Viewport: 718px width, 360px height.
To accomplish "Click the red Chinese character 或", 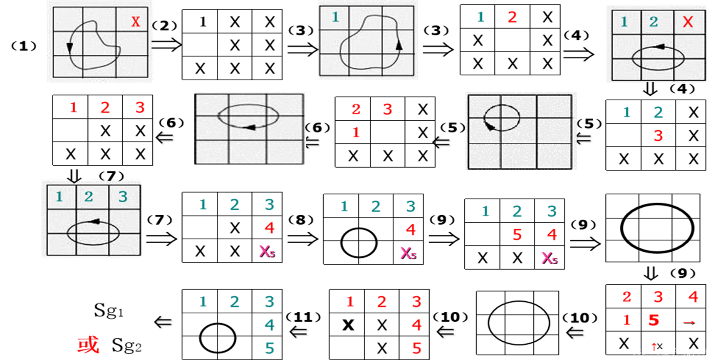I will [88, 345].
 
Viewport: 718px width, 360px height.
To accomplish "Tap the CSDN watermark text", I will [671, 352].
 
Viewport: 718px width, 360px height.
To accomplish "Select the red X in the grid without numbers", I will [136, 22].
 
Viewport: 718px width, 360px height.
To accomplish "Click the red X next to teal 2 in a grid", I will [688, 22].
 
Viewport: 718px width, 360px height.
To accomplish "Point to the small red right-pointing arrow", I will [688, 323].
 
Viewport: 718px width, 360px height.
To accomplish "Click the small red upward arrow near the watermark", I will [654, 346].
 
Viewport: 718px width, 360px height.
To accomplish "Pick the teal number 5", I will [270, 348].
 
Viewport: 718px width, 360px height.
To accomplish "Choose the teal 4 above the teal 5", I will [270, 325].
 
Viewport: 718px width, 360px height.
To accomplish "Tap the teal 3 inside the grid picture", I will [123, 196].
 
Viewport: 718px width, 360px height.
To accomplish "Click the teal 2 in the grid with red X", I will [654, 22].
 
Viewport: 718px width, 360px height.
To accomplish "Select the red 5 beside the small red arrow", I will [654, 320].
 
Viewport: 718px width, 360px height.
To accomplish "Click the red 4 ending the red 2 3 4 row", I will [693, 297].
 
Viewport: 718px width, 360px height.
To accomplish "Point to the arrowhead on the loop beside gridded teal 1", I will [399, 45].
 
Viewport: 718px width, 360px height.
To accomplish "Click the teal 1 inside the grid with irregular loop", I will [335, 17].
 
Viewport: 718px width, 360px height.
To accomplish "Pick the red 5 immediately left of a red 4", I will [517, 235].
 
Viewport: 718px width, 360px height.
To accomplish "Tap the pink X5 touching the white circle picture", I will [408, 253].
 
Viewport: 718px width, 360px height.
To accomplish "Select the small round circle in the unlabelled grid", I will [502, 117].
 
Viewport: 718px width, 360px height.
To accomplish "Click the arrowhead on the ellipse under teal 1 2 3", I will [95, 221].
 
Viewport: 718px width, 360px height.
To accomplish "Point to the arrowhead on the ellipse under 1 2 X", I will [659, 47].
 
